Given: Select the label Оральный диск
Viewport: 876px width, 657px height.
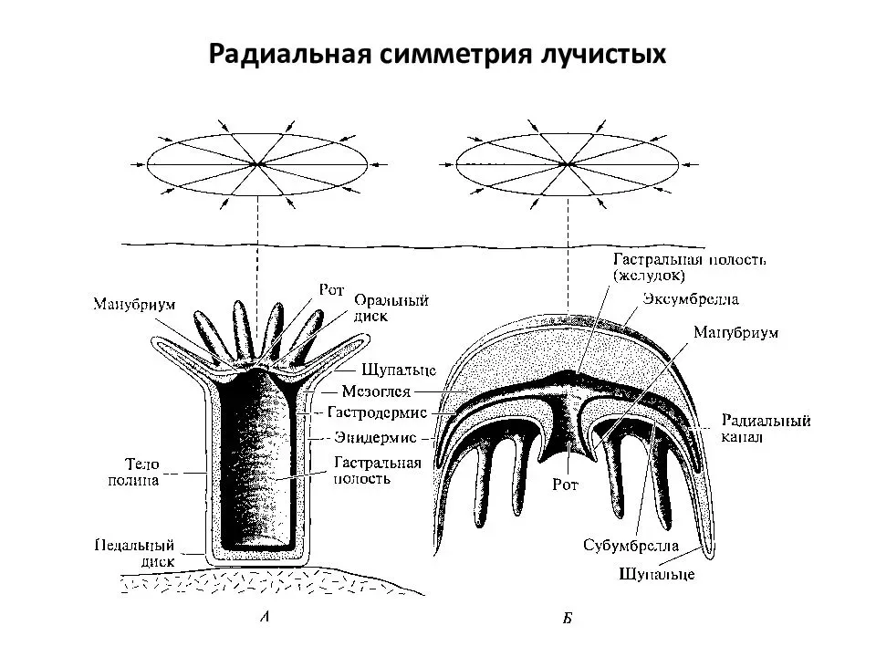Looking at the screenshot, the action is [x=391, y=308].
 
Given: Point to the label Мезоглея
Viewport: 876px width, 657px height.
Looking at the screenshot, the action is [x=376, y=391].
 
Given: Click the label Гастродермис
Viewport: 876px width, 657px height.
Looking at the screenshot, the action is [x=377, y=412].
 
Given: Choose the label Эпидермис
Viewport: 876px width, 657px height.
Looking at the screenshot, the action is [x=375, y=437].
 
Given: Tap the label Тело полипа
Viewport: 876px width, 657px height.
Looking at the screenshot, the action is [x=133, y=472].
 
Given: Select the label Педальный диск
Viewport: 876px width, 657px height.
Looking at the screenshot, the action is [x=135, y=553].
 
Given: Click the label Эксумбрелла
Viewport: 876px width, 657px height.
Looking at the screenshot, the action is [x=691, y=299].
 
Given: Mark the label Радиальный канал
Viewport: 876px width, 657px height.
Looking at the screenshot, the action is [x=766, y=429].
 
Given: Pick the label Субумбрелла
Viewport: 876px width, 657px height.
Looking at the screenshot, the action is [x=631, y=546].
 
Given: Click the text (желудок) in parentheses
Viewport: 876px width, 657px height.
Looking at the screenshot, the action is [x=648, y=276].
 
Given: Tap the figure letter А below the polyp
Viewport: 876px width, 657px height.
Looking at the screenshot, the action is [x=265, y=617].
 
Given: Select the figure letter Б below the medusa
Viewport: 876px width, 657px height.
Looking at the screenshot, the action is [x=567, y=619].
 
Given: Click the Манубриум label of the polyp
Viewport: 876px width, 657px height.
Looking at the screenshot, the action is [x=134, y=305].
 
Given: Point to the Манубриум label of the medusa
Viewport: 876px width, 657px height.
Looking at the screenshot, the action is [x=735, y=333].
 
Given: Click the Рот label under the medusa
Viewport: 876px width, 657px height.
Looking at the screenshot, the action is [x=565, y=485].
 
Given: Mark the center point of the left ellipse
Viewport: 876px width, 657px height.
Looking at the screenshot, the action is [x=257, y=164].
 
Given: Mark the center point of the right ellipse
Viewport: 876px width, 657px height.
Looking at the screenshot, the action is [x=567, y=164].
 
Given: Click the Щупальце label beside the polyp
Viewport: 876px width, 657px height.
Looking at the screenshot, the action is [x=399, y=370].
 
